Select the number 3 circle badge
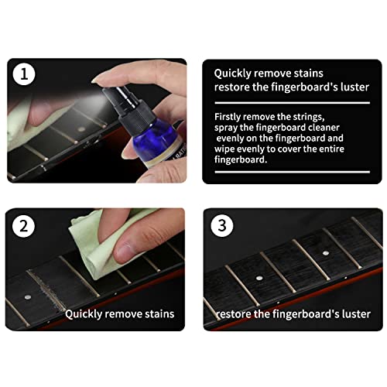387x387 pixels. click(x=222, y=227)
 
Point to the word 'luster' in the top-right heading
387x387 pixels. click(x=352, y=87)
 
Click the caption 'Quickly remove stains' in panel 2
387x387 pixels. click(x=119, y=314)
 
